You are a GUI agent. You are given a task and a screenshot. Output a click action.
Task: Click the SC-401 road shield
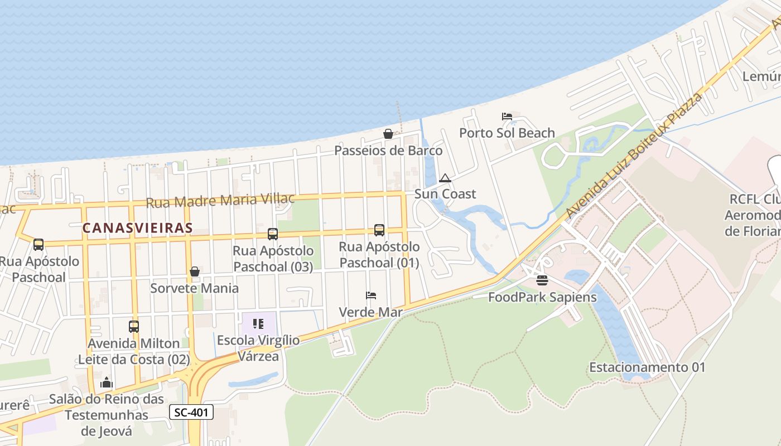191,412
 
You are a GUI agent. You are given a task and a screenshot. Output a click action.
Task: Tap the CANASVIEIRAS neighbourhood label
137,227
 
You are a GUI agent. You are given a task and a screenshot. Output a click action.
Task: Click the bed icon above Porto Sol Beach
507,117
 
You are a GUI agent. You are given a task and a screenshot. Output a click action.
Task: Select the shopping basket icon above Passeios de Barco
388,134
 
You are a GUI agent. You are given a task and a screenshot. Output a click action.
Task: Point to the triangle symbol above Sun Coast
445,178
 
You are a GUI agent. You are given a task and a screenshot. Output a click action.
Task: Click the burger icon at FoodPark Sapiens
542,280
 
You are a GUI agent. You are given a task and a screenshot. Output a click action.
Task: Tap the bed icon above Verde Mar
371,295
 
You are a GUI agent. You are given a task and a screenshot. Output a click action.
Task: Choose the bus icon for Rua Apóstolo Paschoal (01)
379,230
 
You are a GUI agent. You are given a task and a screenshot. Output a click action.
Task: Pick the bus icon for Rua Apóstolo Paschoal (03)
272,234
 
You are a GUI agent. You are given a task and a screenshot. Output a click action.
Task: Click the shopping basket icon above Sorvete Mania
195,272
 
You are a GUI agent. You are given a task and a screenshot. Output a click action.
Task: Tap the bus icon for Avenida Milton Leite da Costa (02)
133,326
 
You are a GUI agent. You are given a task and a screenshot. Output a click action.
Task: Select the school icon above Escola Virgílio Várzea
258,323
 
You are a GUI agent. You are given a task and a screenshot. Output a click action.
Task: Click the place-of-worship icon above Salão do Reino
107,382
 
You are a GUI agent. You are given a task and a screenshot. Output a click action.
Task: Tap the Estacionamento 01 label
647,367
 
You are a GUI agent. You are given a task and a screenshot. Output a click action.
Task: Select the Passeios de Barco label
388,151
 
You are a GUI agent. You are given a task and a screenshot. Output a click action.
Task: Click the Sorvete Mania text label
194,288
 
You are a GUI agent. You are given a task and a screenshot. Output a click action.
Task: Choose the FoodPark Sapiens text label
542,297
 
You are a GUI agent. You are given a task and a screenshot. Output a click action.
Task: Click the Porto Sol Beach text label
507,133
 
